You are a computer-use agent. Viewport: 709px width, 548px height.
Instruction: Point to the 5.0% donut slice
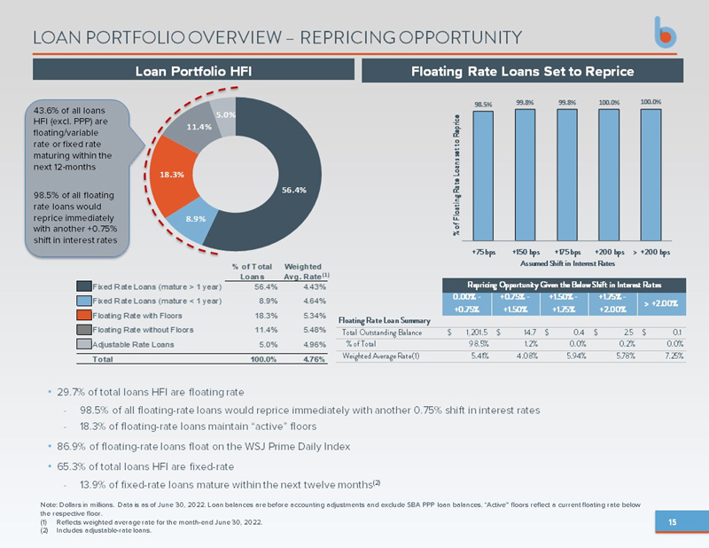pyautogui.click(x=225, y=115)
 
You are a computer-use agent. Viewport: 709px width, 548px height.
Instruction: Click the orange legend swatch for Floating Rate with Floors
pyautogui.click(x=83, y=314)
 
